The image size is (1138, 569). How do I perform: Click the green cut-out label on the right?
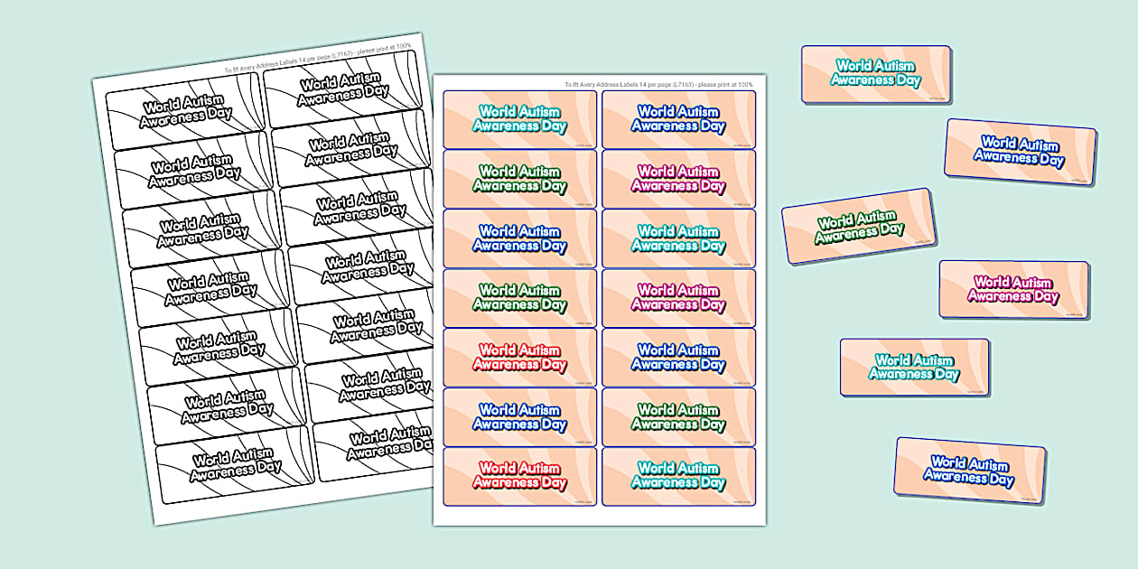pos(858,226)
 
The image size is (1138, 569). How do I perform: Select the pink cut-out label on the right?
pos(1013,289)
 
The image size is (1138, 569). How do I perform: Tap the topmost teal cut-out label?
pos(876,73)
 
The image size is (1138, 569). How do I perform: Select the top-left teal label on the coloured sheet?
pos(519,119)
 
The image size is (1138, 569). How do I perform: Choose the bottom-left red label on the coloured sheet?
pos(519,476)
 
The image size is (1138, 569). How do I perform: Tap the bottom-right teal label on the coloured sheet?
pos(678,476)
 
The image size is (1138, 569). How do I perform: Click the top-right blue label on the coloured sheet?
pos(678,119)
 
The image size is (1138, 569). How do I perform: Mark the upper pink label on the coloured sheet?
pos(678,179)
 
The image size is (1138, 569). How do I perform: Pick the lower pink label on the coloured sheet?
pos(678,297)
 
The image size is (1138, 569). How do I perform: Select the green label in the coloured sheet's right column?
pos(678,416)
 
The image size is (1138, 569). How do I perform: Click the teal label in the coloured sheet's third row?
pos(678,238)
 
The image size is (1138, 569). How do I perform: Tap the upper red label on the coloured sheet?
pos(519,357)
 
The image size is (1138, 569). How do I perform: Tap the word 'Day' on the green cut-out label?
pos(892,229)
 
